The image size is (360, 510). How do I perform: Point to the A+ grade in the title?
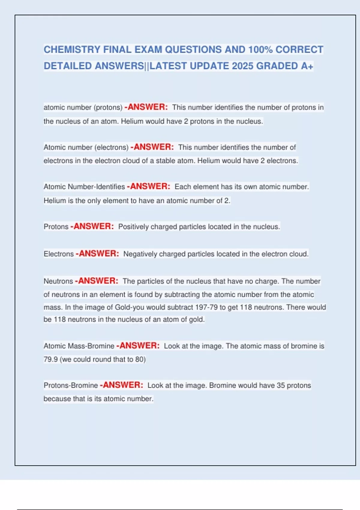[x=307, y=66]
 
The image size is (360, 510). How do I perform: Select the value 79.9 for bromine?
[x=50, y=359]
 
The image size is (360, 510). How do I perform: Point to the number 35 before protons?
[x=281, y=385]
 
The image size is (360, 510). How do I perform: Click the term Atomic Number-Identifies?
[x=84, y=187]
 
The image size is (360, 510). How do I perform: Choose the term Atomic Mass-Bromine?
[x=79, y=346]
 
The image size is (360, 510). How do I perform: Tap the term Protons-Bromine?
[x=71, y=385]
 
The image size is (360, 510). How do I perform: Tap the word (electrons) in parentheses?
[x=111, y=148]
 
